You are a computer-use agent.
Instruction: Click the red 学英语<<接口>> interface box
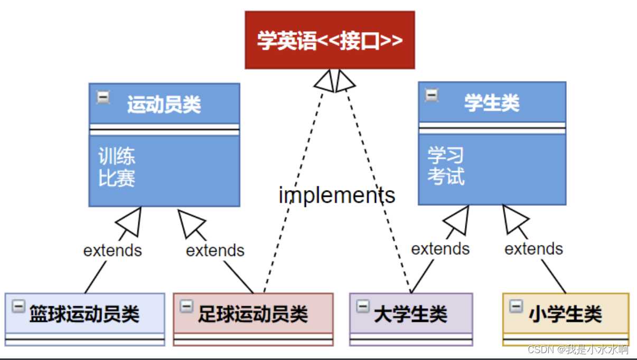coord(330,40)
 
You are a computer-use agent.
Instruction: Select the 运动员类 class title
coord(164,105)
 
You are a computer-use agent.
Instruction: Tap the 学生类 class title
coord(492,102)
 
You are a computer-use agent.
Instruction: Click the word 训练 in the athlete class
coord(117,156)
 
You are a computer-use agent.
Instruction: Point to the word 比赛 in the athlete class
coord(117,178)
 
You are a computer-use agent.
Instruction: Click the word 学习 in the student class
coord(446,155)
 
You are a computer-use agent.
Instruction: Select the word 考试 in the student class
coord(446,176)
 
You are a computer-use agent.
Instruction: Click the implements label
coord(337,195)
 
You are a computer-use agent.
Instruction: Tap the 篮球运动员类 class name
coord(85,314)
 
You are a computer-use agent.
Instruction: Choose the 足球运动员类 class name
coord(253,314)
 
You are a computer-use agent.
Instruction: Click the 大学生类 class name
coord(410,314)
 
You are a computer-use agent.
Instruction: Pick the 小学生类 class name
coord(565,314)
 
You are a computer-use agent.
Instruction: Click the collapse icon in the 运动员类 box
coord(103,98)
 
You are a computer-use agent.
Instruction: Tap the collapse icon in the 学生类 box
coord(432,95)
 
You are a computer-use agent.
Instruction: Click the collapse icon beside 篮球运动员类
coord(18,307)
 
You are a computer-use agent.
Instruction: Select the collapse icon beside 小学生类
coord(516,306)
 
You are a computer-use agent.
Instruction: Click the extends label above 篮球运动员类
coord(113,250)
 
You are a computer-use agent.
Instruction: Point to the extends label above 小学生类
coord(534,249)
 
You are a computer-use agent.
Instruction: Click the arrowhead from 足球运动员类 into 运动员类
coord(190,222)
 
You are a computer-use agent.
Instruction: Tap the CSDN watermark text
coord(578,349)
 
